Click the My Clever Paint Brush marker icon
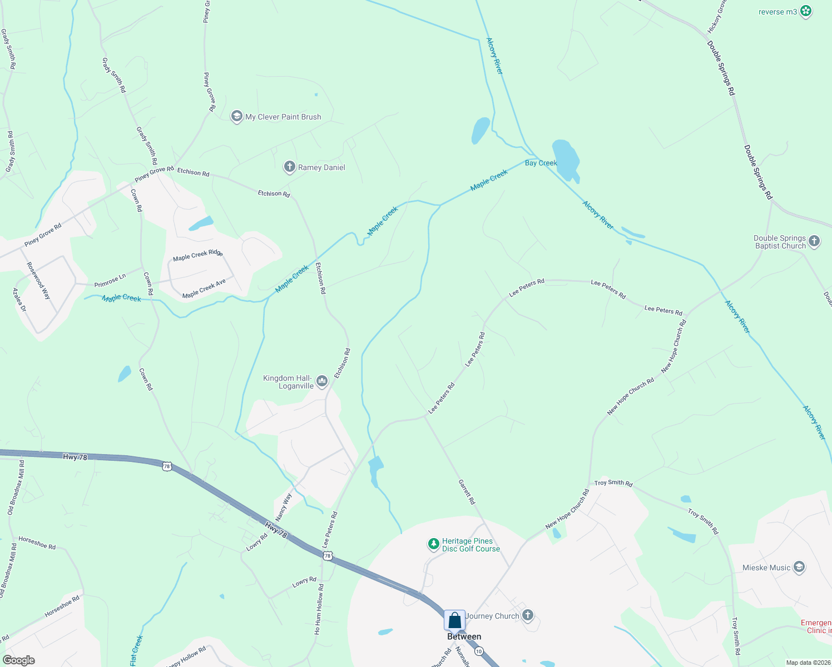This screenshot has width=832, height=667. pos(236,116)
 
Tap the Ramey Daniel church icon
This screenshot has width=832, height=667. pos(289,167)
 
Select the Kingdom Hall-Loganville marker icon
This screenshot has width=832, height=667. pos(322,381)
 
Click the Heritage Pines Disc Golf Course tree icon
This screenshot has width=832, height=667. pos(433,544)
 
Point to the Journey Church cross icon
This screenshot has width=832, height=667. pos(528,615)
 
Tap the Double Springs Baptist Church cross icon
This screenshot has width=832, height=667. pos(814,241)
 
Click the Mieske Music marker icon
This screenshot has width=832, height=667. pos(799,567)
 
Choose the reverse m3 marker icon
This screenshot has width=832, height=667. pos(806,11)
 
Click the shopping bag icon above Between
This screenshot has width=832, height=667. pos(454,620)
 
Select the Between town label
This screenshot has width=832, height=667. pos(464,636)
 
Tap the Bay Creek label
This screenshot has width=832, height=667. pos(541,163)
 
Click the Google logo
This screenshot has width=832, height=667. pos(19,660)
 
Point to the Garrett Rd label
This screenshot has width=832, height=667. pos(467,492)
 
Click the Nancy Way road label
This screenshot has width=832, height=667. pos(283,506)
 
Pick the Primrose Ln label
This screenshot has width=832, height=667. pos(110,281)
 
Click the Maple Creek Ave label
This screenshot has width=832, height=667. pos(204,288)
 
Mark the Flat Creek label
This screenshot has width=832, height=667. pos(136,650)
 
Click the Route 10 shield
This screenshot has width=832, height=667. pos(479,651)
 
